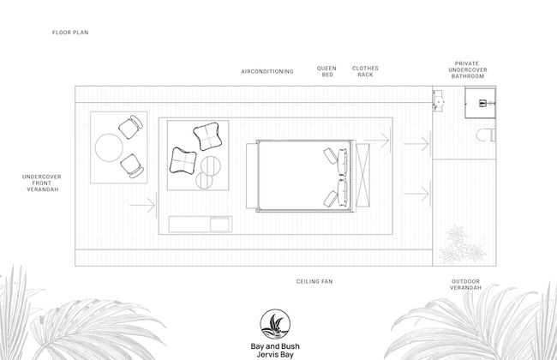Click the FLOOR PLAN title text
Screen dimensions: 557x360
(70, 33)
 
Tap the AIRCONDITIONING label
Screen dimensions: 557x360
(267, 71)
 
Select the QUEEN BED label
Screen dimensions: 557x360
(326, 71)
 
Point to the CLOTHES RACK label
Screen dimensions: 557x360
(365, 71)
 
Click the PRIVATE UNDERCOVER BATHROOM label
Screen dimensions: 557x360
(468, 69)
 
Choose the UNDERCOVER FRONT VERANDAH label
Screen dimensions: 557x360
(42, 183)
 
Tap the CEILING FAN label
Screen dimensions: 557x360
(314, 281)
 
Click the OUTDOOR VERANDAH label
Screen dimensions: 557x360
(465, 285)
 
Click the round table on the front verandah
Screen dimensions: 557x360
(109, 147)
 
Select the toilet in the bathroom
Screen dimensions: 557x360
(486, 135)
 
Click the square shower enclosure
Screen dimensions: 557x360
(480, 103)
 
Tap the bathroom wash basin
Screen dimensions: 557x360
(438, 101)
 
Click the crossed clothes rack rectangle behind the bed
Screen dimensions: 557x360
(362, 175)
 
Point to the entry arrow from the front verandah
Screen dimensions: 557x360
(143, 205)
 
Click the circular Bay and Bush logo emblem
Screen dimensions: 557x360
(275, 324)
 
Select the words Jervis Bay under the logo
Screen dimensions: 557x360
(275, 354)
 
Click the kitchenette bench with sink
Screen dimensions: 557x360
(201, 225)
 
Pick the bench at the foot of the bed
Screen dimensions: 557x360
(251, 177)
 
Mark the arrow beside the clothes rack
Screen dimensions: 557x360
(376, 140)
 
